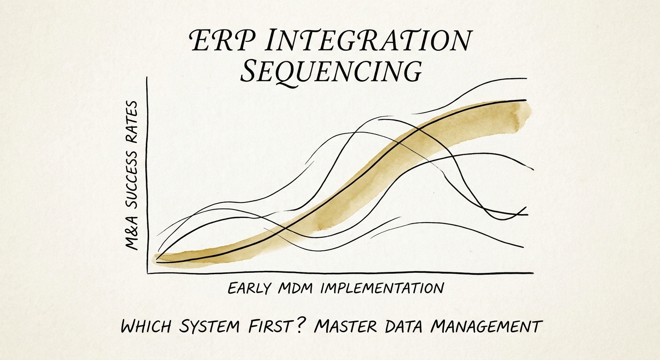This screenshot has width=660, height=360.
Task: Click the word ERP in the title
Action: [217, 42]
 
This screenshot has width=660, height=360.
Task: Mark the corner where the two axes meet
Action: [148, 273]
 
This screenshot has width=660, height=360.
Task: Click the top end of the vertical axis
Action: [148, 77]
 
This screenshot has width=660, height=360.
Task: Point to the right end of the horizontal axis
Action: [532, 273]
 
